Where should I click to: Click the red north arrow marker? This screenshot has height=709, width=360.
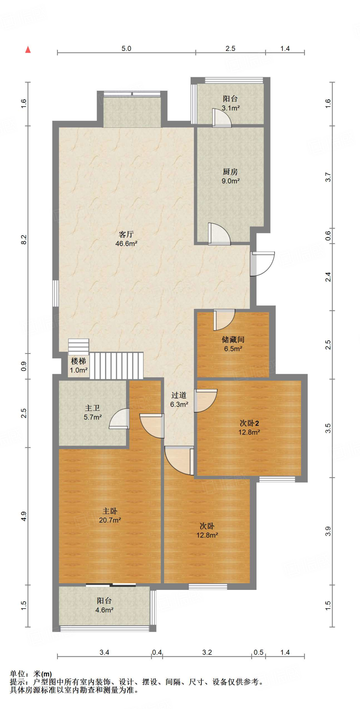(x=28, y=50)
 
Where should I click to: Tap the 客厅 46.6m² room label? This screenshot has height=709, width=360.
(x=126, y=239)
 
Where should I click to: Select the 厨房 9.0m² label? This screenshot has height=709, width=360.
(x=231, y=176)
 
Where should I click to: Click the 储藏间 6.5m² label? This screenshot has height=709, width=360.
(x=233, y=344)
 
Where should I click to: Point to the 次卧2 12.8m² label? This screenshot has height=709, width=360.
(x=249, y=427)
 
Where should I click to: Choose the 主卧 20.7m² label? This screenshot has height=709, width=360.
(x=110, y=515)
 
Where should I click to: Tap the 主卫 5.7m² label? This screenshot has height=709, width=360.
(x=92, y=413)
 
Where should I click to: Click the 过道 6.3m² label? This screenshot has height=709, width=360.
(x=179, y=400)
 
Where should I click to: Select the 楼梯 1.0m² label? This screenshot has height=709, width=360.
(x=79, y=365)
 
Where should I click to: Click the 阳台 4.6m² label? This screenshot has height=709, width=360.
(x=104, y=605)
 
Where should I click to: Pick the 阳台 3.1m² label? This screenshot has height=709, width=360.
(x=231, y=103)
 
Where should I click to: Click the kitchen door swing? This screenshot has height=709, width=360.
(x=219, y=235)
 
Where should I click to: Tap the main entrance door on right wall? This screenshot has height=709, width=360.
(x=262, y=264)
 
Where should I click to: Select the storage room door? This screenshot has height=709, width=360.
(x=224, y=319)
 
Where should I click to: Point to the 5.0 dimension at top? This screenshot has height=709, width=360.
(x=126, y=48)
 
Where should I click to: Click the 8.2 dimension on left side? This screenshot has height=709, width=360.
(x=24, y=240)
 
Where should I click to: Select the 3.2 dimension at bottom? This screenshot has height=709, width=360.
(x=207, y=652)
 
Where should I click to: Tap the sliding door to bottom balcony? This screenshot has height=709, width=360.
(x=111, y=585)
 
